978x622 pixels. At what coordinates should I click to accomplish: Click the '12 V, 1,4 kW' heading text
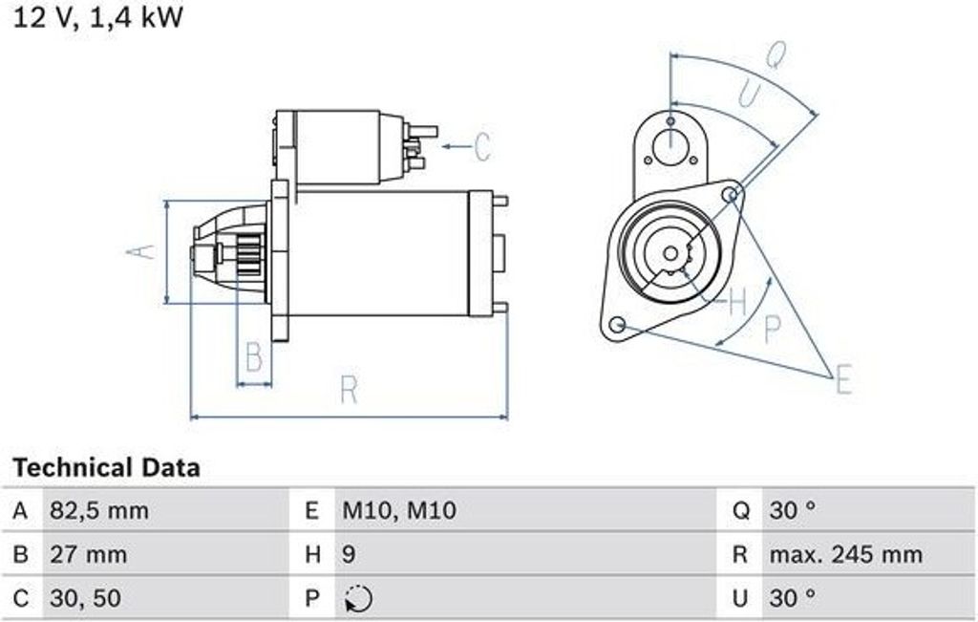point(96,17)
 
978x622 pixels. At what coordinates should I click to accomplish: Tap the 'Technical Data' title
point(106,468)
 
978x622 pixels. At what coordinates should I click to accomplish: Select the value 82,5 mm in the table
point(98,511)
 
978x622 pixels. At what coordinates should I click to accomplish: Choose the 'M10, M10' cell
point(399,511)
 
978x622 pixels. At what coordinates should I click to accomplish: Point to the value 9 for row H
point(350,555)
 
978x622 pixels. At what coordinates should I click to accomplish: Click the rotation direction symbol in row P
point(358,599)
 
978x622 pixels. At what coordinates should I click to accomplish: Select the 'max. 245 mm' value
point(846,555)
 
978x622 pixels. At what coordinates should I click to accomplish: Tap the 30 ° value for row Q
point(792,511)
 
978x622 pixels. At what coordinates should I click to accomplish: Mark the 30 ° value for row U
point(792,599)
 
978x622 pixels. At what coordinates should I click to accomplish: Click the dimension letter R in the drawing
point(349,390)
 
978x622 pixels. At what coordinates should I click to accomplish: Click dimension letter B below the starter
point(253,357)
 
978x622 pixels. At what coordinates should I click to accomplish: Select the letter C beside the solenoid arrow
point(482,147)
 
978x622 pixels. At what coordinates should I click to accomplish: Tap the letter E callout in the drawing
point(842,380)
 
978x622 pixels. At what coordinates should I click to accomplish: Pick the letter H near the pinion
point(737,303)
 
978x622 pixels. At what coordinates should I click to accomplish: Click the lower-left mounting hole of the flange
point(618,325)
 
